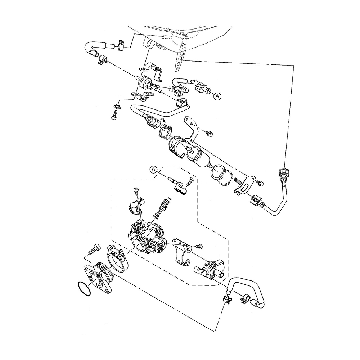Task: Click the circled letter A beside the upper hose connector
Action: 217,96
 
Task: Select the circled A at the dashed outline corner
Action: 154,169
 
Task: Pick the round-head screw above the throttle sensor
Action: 136,190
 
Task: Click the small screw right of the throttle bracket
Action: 199,246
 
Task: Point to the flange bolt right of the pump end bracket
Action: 260,183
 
